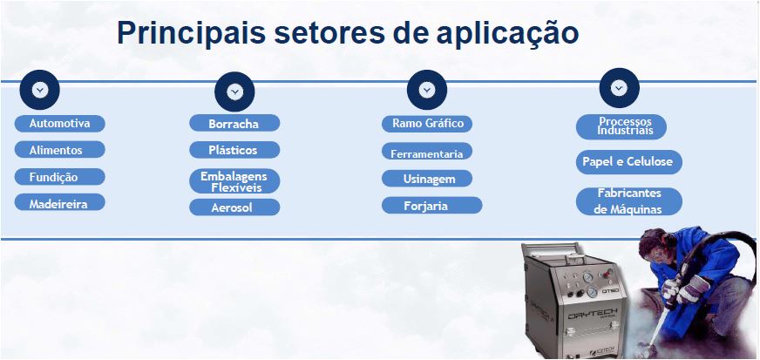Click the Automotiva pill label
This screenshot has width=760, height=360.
[59, 123]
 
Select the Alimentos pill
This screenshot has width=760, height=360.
[59, 150]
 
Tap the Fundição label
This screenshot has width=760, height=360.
[59, 177]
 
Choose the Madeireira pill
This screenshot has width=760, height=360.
[59, 202]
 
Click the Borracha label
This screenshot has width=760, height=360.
[234, 124]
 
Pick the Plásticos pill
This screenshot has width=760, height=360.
[234, 150]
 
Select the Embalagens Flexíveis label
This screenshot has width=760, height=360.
[234, 181]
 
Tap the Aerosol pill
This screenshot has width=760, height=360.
[234, 207]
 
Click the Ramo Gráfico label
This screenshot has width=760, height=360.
[427, 124]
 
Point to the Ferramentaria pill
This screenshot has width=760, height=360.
[427, 153]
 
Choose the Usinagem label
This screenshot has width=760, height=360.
[427, 179]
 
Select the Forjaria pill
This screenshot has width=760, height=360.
[431, 206]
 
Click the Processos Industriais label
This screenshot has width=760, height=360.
[621, 126]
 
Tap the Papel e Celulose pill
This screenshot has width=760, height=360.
[628, 162]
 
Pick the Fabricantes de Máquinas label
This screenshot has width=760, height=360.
[628, 200]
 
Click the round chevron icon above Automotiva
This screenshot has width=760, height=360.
[39, 89]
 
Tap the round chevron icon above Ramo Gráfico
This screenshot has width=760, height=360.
[426, 89]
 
